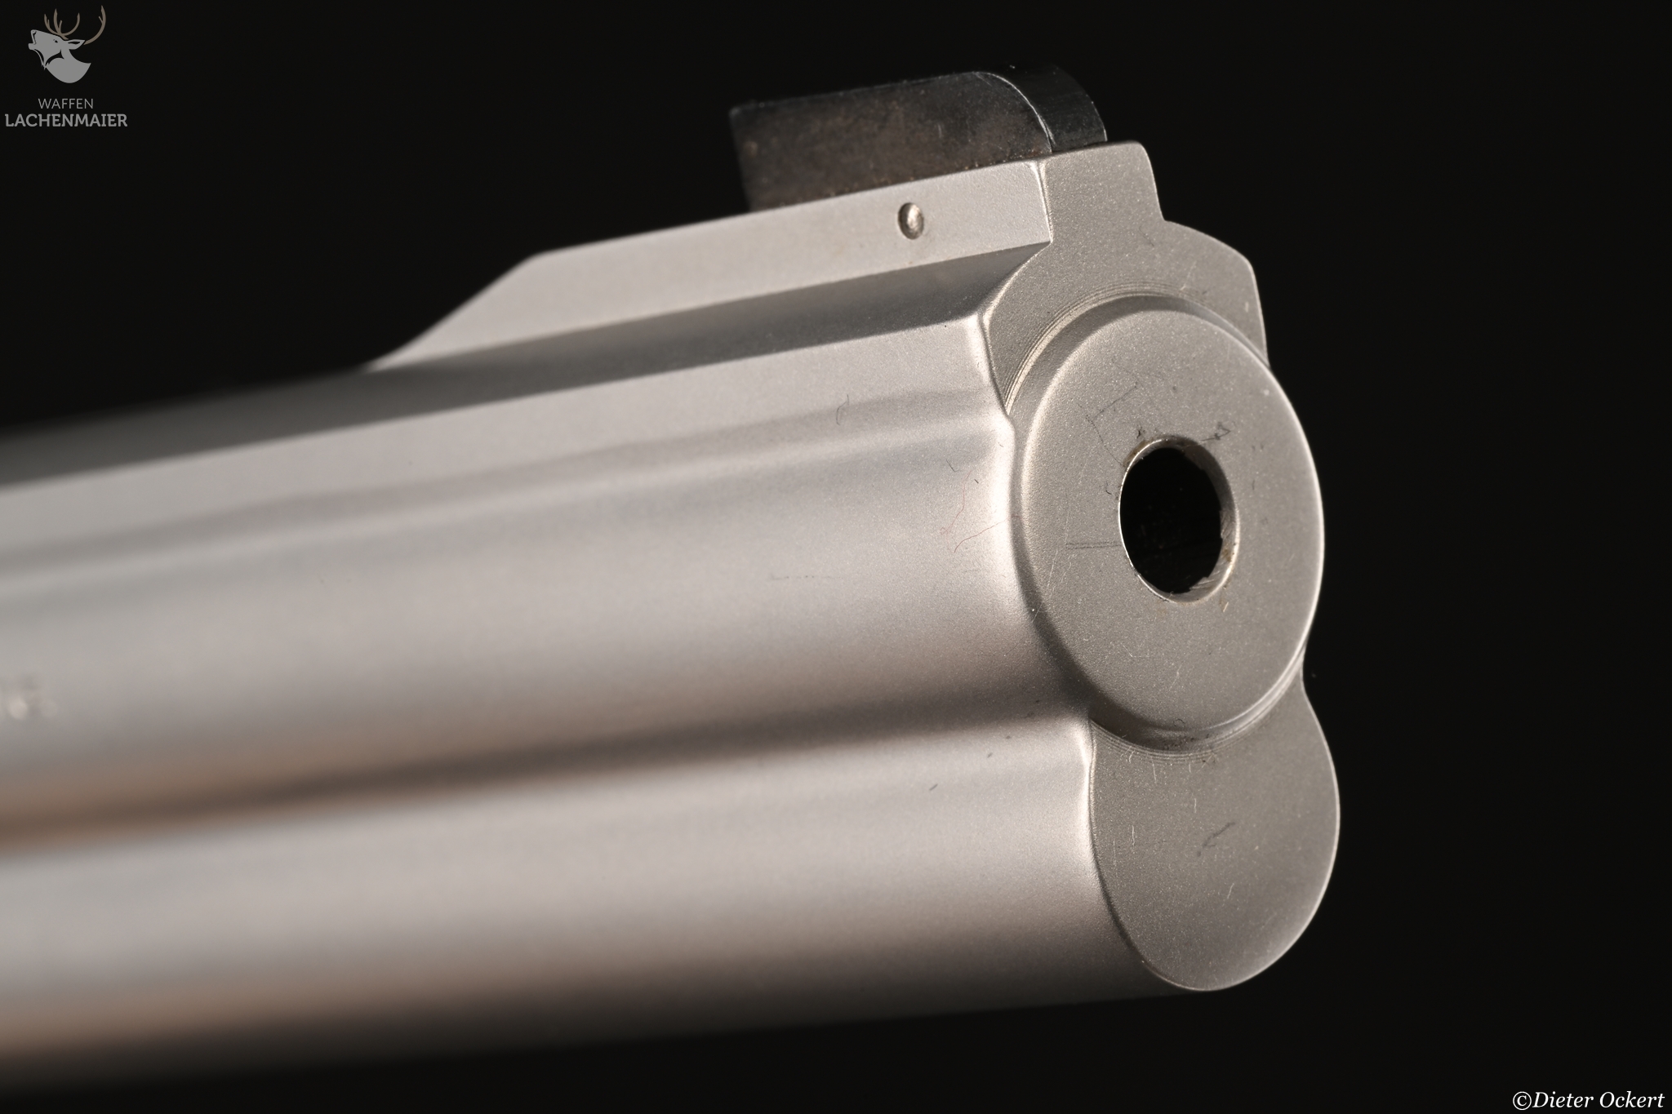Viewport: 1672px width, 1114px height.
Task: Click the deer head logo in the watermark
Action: pos(67,45)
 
